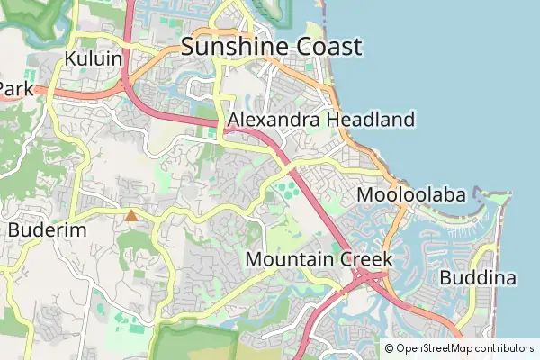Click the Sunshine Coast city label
point(271,47)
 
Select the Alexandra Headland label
point(321,120)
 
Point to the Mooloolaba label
point(411,195)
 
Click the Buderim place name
point(47,230)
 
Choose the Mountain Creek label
point(319,259)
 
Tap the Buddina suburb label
point(478,278)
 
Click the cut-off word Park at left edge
point(15,89)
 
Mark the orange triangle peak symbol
point(131,215)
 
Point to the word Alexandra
point(274,120)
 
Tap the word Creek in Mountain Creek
point(365,259)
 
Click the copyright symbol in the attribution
point(390,348)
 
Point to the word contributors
point(505,348)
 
